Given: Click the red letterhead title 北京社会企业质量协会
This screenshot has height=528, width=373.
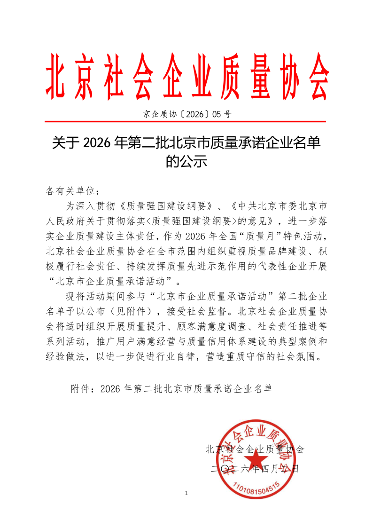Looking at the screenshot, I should coord(186,76).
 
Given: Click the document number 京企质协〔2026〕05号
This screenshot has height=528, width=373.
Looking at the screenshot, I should coord(186,114).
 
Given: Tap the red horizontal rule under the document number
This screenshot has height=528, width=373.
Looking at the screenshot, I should coord(186,122).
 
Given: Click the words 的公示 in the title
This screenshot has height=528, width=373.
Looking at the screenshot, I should coord(186,162).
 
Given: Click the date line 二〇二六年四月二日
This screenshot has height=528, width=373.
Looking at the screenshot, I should coord(255,468).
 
